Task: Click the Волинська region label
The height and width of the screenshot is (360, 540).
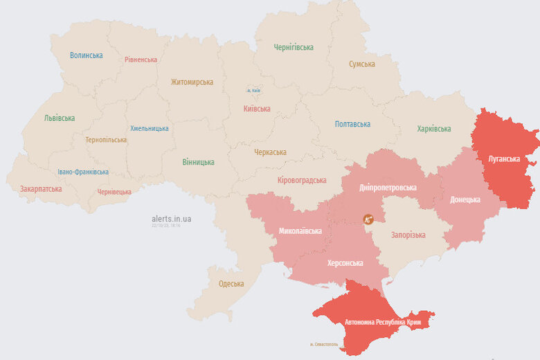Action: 87,55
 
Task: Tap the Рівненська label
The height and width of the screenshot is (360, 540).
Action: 141,60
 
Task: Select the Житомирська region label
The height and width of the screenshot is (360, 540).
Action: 192,82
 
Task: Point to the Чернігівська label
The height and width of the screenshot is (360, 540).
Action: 294,48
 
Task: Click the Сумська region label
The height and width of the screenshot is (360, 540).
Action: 362,64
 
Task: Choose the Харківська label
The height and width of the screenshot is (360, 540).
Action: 434,129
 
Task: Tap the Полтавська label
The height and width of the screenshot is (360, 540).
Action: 352,125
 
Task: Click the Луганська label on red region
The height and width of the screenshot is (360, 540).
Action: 504,159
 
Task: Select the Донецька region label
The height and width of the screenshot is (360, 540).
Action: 465,199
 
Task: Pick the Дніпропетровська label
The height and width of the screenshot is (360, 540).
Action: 388,188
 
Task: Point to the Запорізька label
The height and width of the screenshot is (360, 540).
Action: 408,235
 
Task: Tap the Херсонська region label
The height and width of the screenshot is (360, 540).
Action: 345,263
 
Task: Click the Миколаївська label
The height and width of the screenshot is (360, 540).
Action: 300,231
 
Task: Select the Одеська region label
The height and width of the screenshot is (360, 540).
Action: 231,284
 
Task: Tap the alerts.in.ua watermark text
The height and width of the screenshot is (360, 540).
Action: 172,219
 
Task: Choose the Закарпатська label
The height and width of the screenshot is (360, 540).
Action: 41,189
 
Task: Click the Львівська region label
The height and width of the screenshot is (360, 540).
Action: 60,118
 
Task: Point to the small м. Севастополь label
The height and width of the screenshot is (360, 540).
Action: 324,345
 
